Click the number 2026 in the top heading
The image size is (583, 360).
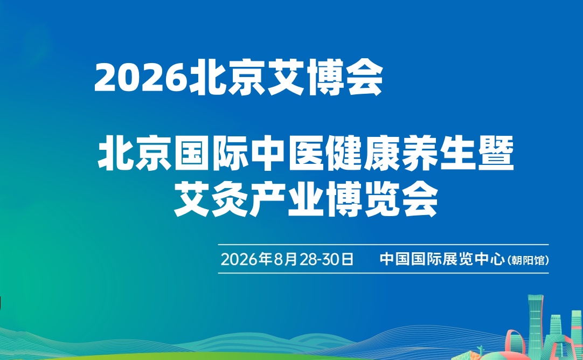pos(141,78)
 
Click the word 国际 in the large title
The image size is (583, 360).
pos(211,153)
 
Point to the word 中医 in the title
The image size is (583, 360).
pos(287,153)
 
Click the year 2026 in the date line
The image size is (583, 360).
pos(239,259)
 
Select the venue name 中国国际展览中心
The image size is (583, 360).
pos(442,259)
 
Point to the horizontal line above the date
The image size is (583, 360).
pos(383,245)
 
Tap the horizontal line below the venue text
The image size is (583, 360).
pos(383,273)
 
